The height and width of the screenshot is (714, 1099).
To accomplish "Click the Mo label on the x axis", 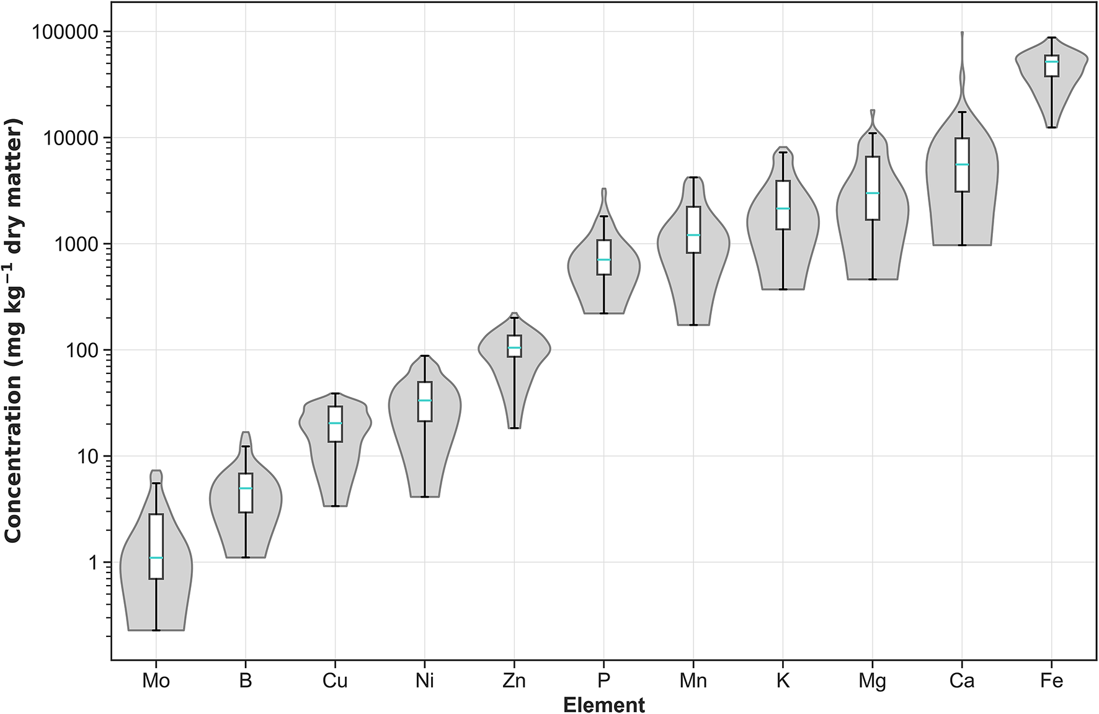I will coord(156,681).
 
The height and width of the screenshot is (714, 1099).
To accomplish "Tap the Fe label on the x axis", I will coord(1051,681).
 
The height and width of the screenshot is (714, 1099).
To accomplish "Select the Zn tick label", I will coord(514,681).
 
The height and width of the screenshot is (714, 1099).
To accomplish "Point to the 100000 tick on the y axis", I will coord(65,32).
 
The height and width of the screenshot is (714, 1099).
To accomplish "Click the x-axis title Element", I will coord(603,705).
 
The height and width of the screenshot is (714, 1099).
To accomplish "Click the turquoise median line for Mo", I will coord(156,558).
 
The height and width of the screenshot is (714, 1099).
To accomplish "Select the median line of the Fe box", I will coord(1051,61).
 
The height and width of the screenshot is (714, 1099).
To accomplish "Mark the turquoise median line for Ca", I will coord(962,164).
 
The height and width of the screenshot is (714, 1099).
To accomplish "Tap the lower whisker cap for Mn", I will coord(693,324).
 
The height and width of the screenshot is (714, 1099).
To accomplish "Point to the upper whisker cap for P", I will coord(603,216).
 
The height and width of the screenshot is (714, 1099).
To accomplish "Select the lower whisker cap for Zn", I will coord(514,428).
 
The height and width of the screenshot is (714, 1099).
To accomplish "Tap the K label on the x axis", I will coord(783,681).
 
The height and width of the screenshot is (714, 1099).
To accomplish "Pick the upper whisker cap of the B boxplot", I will coord(246,446).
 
